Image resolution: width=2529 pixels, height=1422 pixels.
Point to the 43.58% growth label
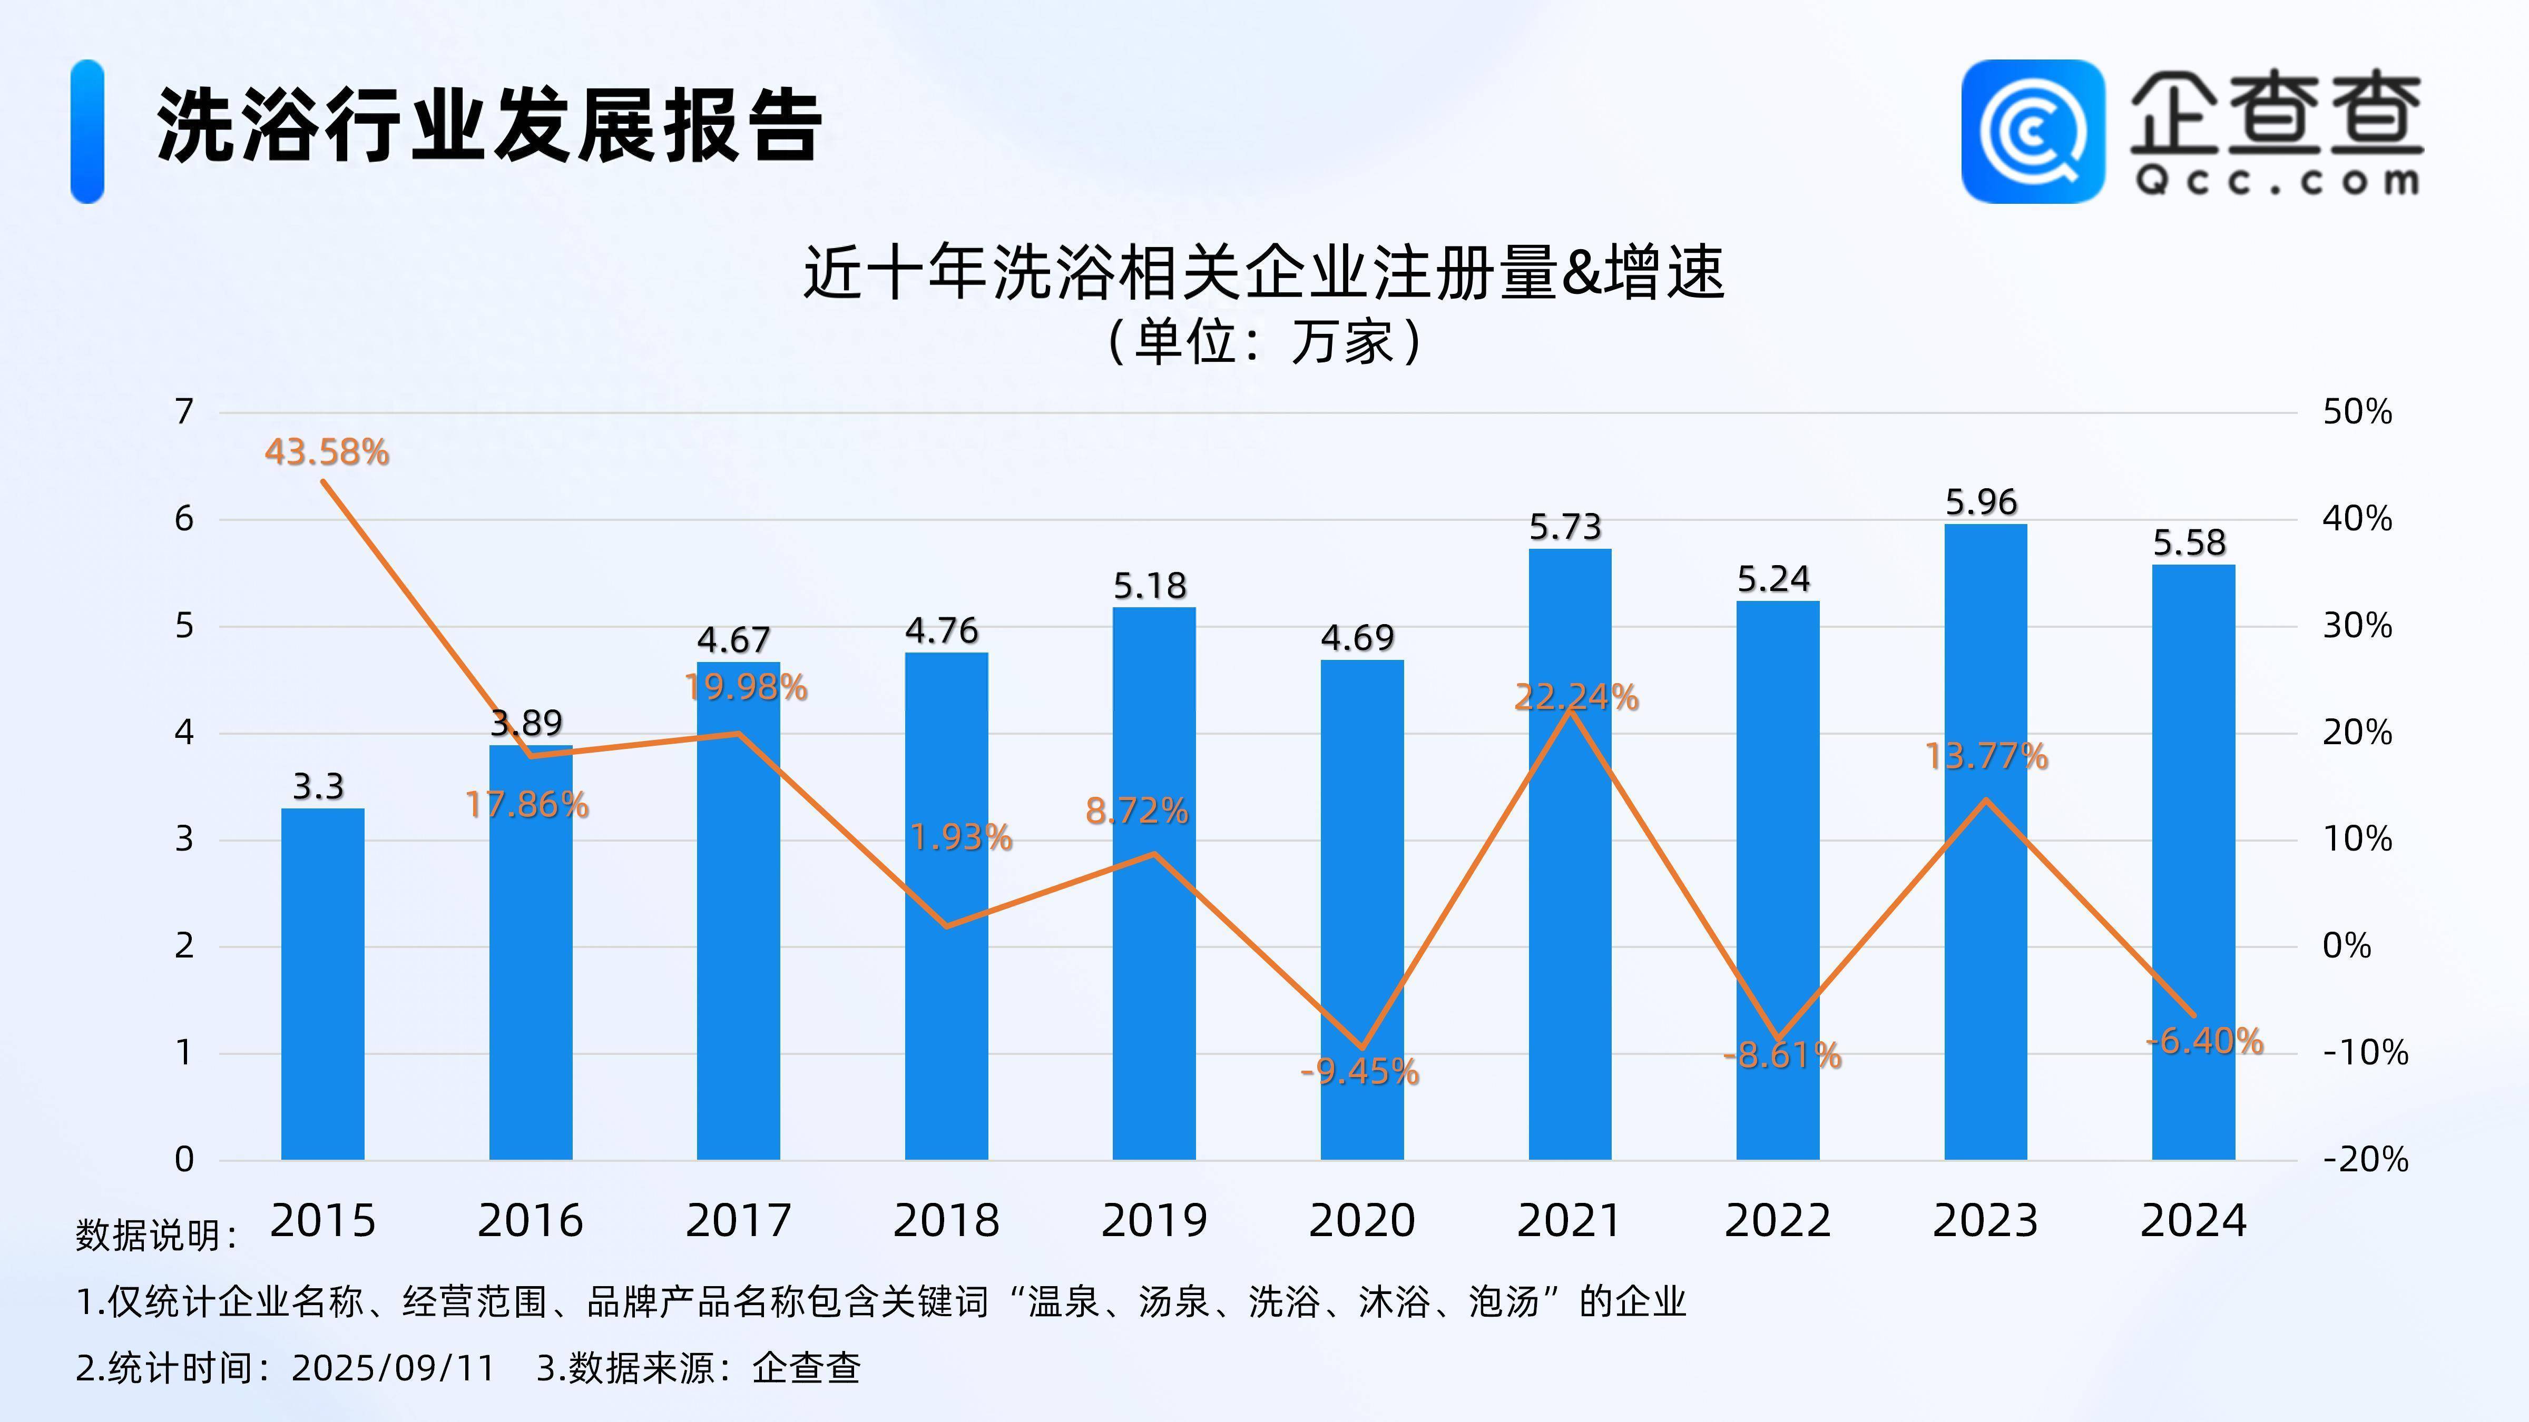pyautogui.click(x=327, y=452)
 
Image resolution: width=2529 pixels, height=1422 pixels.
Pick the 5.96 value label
pyautogui.click(x=1981, y=502)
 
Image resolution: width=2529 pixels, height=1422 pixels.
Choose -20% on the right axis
pyautogui.click(x=2365, y=1160)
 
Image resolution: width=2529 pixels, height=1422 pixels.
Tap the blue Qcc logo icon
pyautogui.click(x=2032, y=132)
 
